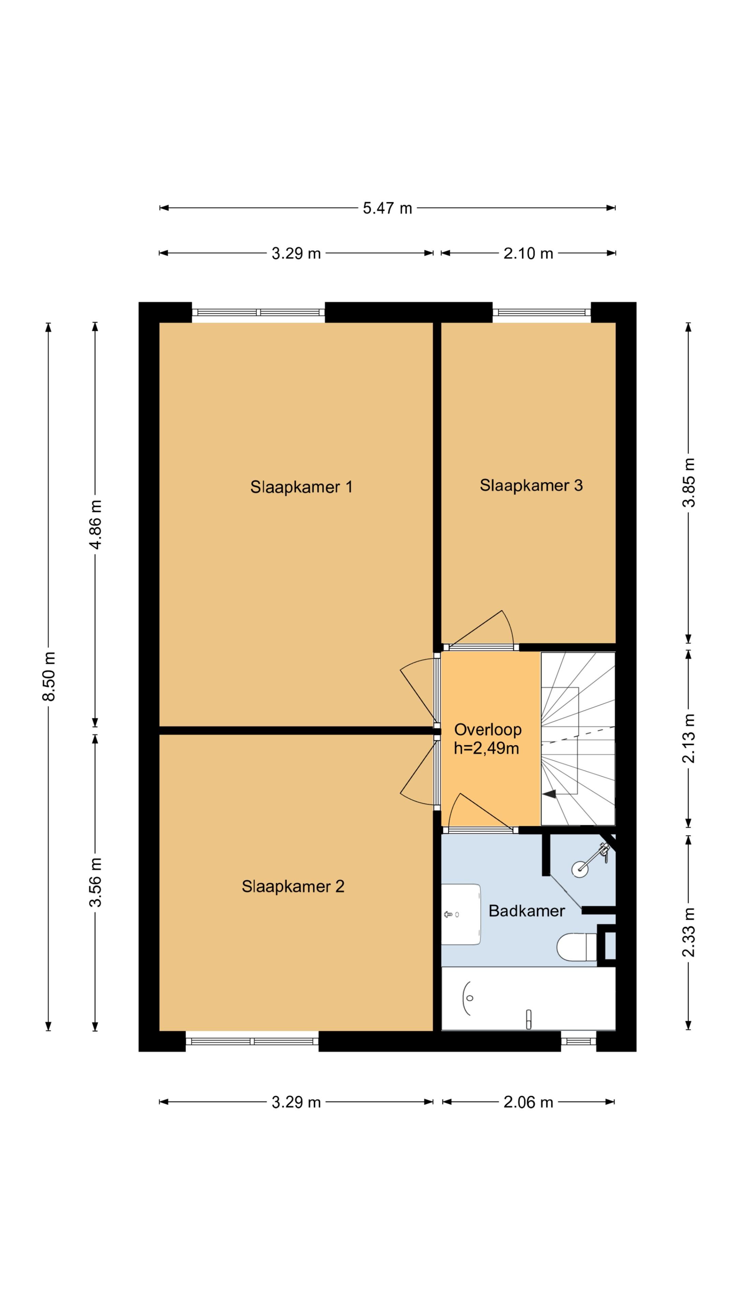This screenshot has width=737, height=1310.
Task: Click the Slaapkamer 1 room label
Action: point(301,487)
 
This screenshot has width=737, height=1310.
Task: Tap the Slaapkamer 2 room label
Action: point(293,886)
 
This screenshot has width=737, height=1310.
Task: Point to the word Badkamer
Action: point(526,911)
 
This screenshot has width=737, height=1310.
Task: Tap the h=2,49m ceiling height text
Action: point(486,748)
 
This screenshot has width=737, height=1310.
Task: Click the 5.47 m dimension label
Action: point(387,208)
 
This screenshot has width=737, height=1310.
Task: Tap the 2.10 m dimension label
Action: point(528,253)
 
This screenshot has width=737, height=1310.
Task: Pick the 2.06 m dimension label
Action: point(528,1102)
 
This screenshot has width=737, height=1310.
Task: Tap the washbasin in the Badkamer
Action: point(461,914)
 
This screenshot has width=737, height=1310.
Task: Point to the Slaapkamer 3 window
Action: point(542,312)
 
